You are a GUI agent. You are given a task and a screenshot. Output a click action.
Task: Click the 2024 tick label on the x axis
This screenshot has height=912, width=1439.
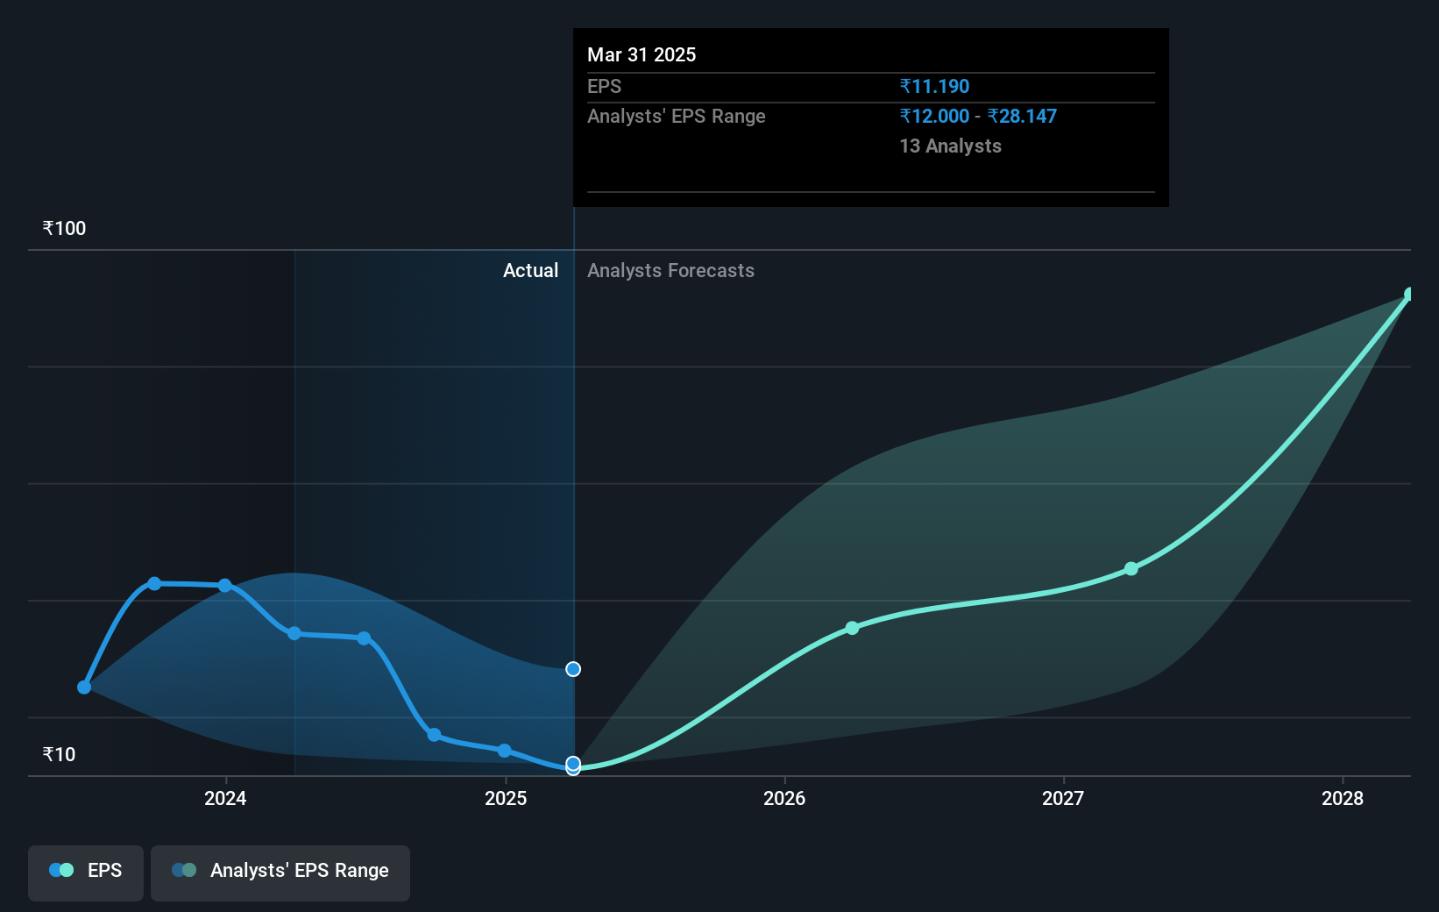(x=225, y=798)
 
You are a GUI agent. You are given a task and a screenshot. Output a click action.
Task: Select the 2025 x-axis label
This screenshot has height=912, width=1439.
(x=506, y=798)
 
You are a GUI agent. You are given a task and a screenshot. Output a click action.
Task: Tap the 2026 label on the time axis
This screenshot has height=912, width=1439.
(x=784, y=798)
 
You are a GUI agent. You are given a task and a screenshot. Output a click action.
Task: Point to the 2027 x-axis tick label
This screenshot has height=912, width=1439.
(x=1063, y=798)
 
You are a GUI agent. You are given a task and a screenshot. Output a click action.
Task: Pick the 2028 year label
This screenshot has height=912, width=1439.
(x=1343, y=798)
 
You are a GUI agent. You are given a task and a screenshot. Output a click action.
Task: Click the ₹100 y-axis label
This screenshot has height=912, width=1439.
(x=64, y=229)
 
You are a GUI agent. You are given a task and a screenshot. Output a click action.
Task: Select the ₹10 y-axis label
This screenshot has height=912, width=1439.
(x=59, y=754)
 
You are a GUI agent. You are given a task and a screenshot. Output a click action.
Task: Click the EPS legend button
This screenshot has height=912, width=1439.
(x=86, y=871)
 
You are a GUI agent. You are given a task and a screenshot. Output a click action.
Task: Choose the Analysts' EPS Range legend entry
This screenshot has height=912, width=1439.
(x=280, y=871)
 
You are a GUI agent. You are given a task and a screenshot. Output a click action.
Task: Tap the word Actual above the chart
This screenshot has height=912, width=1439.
(x=530, y=271)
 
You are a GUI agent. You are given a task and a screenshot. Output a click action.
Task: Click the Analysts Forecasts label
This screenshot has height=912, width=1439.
(x=670, y=271)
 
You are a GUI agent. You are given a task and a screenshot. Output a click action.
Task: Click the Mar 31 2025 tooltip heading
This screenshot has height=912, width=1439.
(x=642, y=55)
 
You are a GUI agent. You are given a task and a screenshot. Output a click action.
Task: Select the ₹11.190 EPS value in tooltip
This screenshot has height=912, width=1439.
(x=934, y=87)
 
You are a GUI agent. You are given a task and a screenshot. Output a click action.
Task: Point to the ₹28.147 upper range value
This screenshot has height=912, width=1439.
(x=1022, y=117)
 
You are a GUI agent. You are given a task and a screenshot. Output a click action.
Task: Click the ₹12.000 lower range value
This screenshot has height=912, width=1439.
(x=934, y=117)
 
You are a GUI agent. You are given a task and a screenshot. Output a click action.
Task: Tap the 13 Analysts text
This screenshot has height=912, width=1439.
(x=950, y=146)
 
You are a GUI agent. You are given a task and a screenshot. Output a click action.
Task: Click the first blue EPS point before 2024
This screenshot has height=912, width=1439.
(x=84, y=687)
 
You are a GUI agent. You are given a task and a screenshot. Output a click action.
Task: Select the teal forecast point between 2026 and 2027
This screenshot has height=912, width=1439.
(x=852, y=628)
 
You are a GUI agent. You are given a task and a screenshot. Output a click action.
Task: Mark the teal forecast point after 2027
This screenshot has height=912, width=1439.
(x=1131, y=569)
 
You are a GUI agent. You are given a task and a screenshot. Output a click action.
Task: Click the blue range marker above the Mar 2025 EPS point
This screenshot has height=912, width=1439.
(x=573, y=669)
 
